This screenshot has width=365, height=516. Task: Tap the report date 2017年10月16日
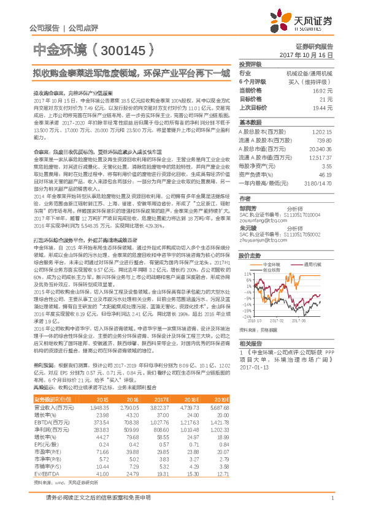[x=310, y=55]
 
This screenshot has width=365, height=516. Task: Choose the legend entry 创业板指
[x=272, y=269]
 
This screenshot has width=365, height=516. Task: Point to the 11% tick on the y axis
[x=245, y=274]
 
